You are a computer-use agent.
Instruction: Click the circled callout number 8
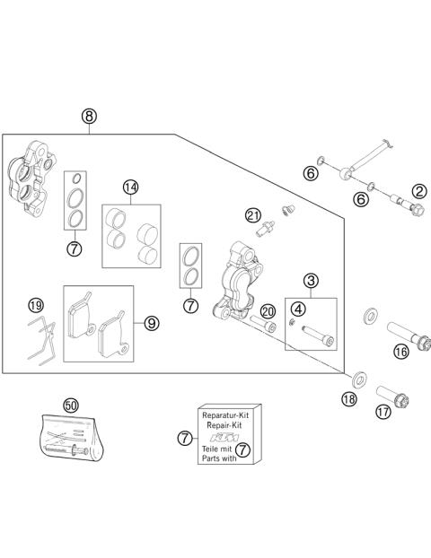pos(89,116)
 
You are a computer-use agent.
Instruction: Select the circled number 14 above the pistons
pos(131,187)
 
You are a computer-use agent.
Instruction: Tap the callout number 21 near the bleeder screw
pos(253,215)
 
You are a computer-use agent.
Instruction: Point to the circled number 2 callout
pos(419,191)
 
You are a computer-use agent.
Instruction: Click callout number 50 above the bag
pos(71,405)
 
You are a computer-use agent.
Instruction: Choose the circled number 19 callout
pos(36,305)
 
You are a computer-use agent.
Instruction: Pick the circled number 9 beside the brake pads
pos(152,324)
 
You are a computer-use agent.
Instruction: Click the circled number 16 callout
pos(401,352)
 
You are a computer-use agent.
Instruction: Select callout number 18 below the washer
pos(349,399)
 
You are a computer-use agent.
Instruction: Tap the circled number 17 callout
pos(383,412)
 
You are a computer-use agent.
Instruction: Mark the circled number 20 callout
pos(268,311)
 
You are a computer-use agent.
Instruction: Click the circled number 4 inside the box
pos(298,309)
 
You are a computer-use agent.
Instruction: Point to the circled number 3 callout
pos(311,281)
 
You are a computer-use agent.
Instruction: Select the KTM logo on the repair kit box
pos(224,437)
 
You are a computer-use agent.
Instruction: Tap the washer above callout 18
pos(360,380)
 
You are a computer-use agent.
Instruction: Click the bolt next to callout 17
pos(392,397)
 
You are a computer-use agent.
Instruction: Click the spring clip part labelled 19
pos(42,341)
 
